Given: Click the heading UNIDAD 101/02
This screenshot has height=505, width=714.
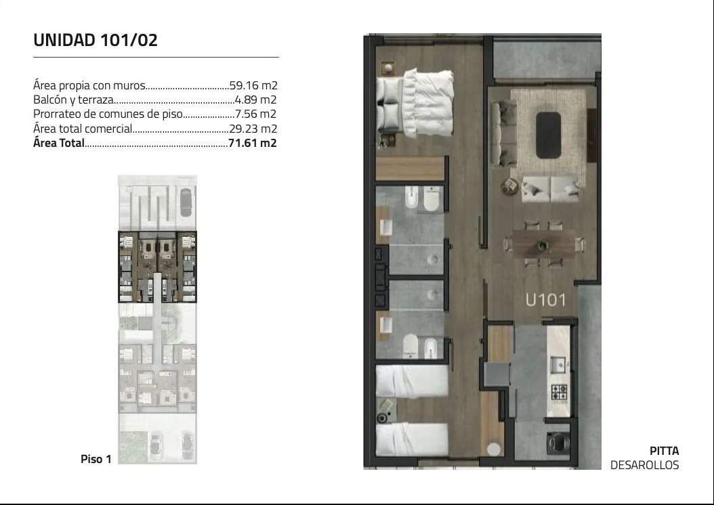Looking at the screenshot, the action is [x=95, y=40].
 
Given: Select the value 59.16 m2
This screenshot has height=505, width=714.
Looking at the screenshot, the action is [x=253, y=85].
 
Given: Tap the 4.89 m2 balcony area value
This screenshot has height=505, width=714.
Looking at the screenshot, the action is [x=255, y=100].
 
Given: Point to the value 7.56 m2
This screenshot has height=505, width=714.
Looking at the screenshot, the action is [x=255, y=114].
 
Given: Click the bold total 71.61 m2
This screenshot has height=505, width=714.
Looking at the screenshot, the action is [x=252, y=143].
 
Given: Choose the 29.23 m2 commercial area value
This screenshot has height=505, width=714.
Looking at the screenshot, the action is [x=253, y=129].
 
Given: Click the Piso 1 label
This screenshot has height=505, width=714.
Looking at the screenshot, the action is [x=96, y=459].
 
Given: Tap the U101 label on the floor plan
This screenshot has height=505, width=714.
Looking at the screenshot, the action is [x=545, y=301].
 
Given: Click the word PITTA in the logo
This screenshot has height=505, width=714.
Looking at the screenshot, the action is [x=665, y=451].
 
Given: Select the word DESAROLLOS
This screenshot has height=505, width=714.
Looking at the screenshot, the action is [x=644, y=465].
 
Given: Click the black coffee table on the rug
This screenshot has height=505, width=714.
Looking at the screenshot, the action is [x=548, y=135].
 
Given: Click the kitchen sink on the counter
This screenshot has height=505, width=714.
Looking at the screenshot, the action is [x=558, y=364].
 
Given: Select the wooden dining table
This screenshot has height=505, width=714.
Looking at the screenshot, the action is [x=544, y=244].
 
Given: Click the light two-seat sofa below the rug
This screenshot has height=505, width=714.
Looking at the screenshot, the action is [x=551, y=190].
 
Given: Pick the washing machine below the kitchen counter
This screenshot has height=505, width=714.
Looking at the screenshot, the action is [x=558, y=442].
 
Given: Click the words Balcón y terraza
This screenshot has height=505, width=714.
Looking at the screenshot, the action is [x=73, y=100].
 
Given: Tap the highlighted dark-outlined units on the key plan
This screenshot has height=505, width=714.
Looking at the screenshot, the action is [x=158, y=267].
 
